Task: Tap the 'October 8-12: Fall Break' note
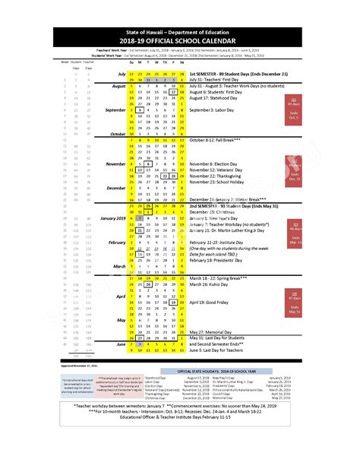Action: tap(221, 140)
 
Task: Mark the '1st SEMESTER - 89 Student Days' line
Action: tap(244, 74)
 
